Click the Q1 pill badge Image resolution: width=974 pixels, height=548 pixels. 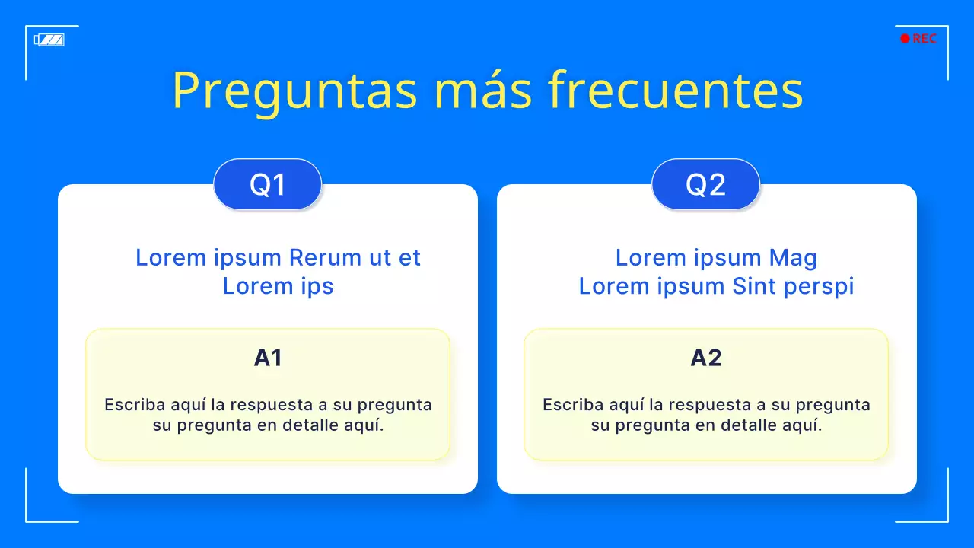tap(268, 184)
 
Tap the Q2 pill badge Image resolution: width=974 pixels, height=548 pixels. tap(706, 184)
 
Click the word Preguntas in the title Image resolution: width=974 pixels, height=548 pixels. tap(295, 91)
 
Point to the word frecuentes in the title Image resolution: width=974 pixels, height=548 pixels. tap(675, 91)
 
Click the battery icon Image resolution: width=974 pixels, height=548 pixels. tap(49, 40)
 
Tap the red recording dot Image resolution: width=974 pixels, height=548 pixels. tap(905, 39)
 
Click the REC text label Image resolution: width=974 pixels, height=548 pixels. tap(925, 39)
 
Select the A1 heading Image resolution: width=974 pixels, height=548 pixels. tap(268, 358)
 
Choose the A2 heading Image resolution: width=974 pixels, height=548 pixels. tap(706, 358)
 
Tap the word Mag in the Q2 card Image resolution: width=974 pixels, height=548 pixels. tap(793, 257)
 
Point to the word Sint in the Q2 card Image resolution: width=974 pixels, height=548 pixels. tap(753, 286)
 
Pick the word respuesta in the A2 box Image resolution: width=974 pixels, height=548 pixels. tap(708, 405)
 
